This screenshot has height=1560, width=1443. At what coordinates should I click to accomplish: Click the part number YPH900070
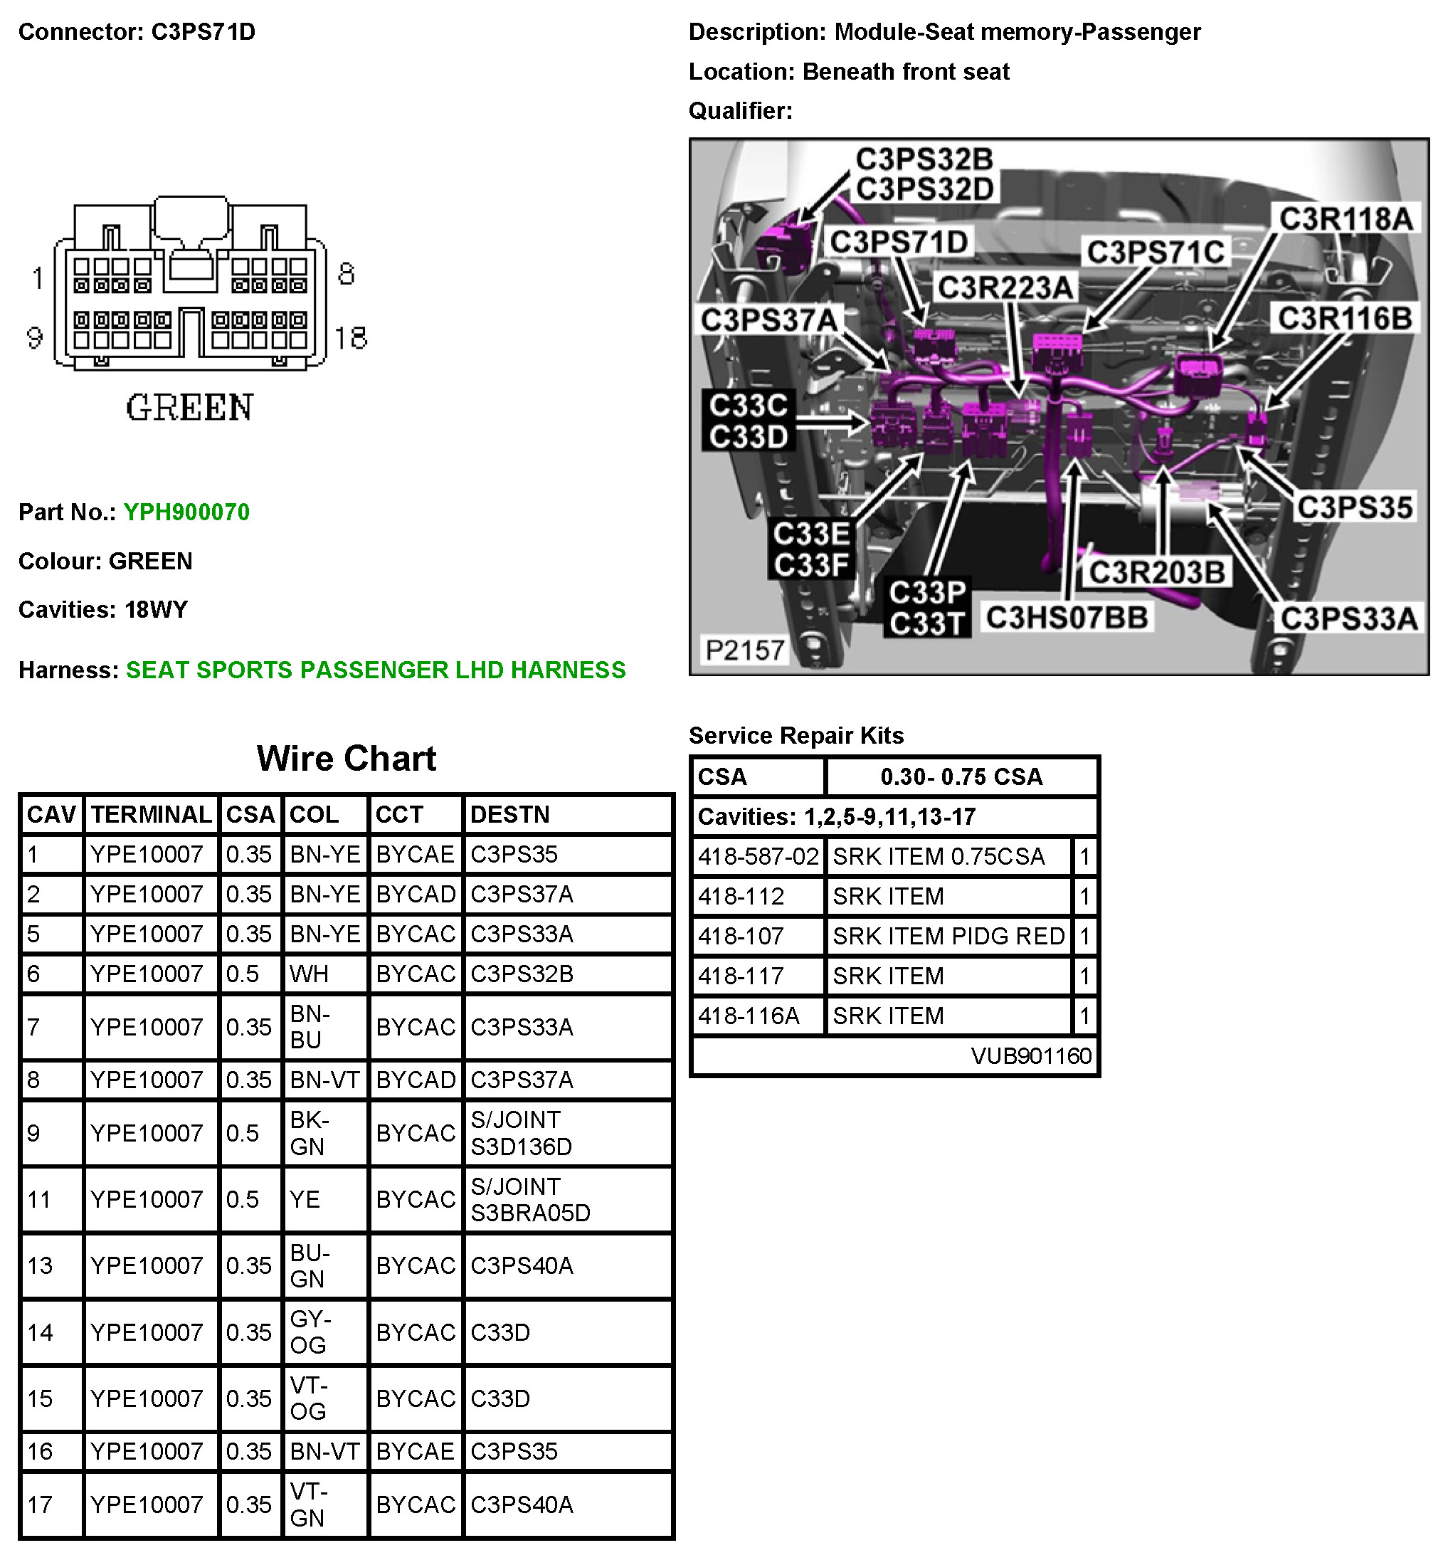pyautogui.click(x=186, y=512)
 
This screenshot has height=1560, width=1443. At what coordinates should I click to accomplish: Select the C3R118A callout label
pyautogui.click(x=1346, y=218)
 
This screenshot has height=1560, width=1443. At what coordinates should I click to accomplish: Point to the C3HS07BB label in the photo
pyautogui.click(x=1067, y=617)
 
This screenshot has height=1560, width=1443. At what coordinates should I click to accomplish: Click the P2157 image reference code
pyautogui.click(x=744, y=650)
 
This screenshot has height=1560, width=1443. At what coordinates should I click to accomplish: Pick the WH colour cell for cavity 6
pyautogui.click(x=310, y=974)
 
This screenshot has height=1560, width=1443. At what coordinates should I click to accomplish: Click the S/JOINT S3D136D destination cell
pyautogui.click(x=521, y=1133)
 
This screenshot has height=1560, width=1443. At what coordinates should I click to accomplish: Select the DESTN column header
pyautogui.click(x=510, y=814)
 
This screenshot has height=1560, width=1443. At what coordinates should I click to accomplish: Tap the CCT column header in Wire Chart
pyautogui.click(x=399, y=814)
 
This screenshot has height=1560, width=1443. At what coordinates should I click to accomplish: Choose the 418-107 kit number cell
pyautogui.click(x=741, y=936)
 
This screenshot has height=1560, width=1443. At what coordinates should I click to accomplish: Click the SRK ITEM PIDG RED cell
pyautogui.click(x=948, y=936)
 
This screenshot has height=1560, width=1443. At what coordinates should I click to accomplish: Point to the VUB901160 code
pyautogui.click(x=1031, y=1056)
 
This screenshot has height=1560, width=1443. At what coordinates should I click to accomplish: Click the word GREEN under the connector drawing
pyautogui.click(x=190, y=407)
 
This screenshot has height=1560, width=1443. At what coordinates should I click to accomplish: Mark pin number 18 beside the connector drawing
pyautogui.click(x=351, y=338)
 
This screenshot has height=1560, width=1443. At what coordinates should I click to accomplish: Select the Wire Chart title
pyautogui.click(x=346, y=758)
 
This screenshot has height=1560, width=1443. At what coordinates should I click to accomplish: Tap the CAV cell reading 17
pyautogui.click(x=40, y=1504)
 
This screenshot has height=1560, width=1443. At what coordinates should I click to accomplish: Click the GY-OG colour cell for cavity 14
pyautogui.click(x=310, y=1332)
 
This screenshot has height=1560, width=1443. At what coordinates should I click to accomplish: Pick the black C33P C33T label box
pyautogui.click(x=927, y=608)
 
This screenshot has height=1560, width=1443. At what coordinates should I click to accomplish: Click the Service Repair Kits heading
pyautogui.click(x=795, y=735)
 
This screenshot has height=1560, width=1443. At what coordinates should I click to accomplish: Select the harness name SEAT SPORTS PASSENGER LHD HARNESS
pyautogui.click(x=376, y=670)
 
